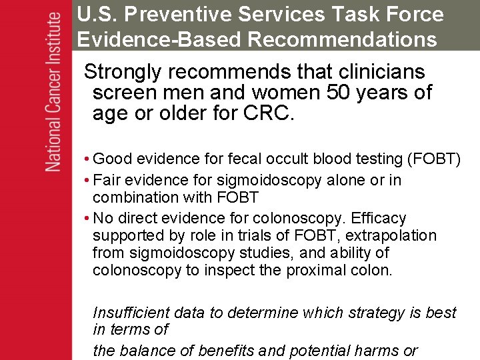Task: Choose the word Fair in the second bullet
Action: [107, 180]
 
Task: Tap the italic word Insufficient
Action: [131, 313]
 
